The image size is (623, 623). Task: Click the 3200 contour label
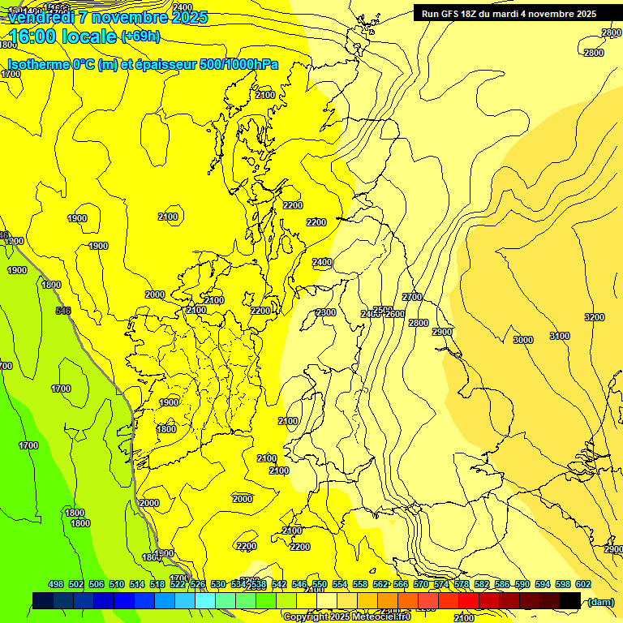(x=594, y=317)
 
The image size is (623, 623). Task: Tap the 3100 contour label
(x=559, y=336)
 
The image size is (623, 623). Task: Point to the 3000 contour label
(x=522, y=340)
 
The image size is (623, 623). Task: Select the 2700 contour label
(x=412, y=297)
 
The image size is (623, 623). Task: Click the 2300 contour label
(x=326, y=312)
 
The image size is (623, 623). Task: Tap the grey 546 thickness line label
(x=63, y=311)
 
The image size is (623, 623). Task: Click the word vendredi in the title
(x=41, y=17)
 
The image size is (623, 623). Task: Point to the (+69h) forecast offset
(x=140, y=37)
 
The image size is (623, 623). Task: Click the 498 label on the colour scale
(x=56, y=584)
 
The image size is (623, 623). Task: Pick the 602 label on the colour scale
(x=582, y=584)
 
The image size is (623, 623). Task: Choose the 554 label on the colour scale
(x=340, y=584)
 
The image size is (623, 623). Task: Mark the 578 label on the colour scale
(x=461, y=584)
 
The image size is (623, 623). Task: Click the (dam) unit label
(x=599, y=601)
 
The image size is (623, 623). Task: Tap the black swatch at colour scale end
(x=570, y=600)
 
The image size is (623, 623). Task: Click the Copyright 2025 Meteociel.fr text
(x=347, y=617)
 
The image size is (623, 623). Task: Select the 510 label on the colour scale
(x=117, y=584)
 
